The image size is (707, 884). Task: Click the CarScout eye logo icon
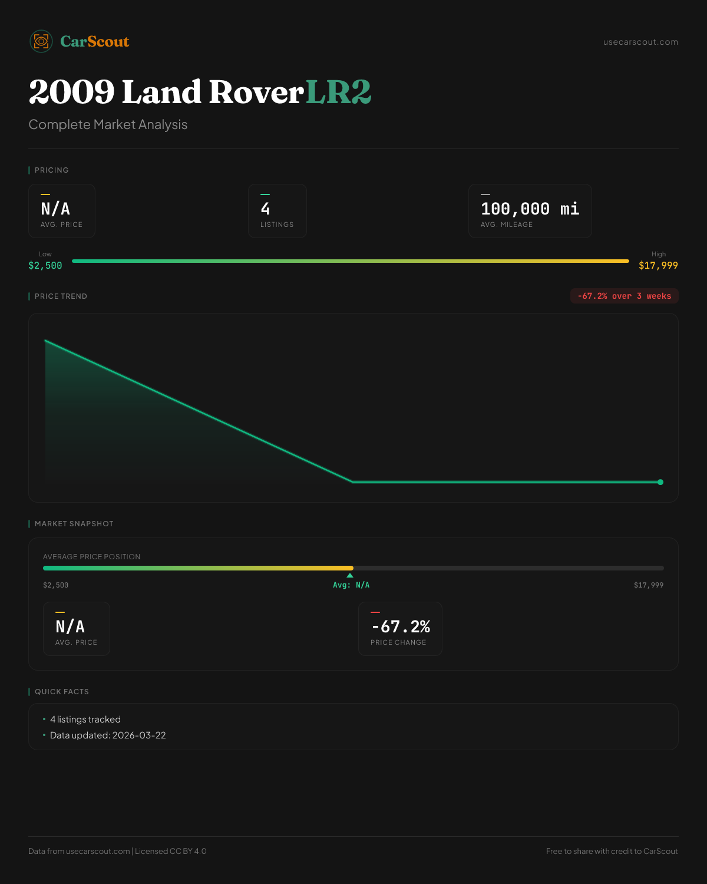[x=41, y=41]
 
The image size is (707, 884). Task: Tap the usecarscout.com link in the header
[x=640, y=42]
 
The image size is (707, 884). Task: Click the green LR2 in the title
[x=338, y=92]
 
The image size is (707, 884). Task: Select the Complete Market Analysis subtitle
[x=108, y=124]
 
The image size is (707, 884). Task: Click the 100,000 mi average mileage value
[x=530, y=209]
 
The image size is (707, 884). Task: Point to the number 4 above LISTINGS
[x=265, y=209]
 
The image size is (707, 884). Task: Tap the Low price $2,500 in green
[x=45, y=265]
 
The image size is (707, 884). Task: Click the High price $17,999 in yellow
[x=658, y=265]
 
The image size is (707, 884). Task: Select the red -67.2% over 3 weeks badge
[x=624, y=296]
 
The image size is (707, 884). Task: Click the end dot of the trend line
[x=660, y=482]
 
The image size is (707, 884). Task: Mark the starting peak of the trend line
[x=45, y=340]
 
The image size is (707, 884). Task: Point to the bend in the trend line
[x=353, y=481]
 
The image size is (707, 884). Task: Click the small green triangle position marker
[x=350, y=575]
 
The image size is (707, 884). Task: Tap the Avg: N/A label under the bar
[x=351, y=585]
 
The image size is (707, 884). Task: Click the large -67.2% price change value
[x=401, y=626]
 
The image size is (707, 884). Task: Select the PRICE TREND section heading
[x=61, y=296]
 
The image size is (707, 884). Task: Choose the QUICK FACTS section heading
[x=62, y=692]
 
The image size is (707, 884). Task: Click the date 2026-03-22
[x=139, y=735]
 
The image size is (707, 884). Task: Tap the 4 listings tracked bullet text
[x=85, y=720]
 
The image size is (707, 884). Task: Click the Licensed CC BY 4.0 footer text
[x=171, y=851]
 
